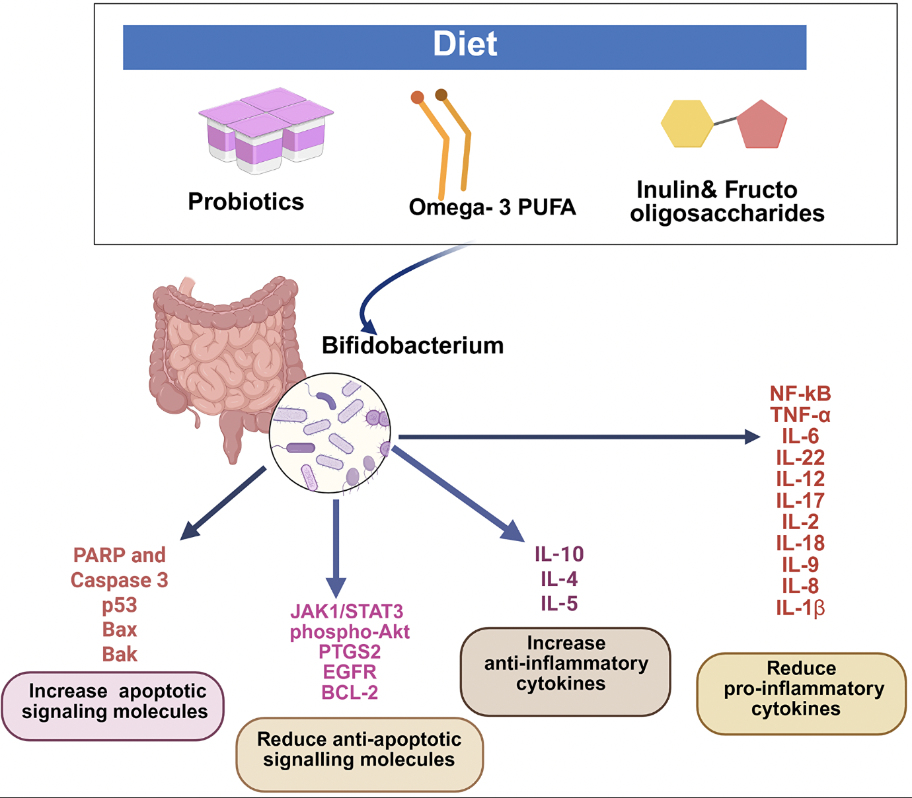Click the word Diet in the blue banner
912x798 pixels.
(x=465, y=45)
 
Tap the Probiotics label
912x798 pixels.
(x=246, y=201)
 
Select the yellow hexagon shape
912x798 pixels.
(x=687, y=124)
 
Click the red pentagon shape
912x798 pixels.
(x=762, y=126)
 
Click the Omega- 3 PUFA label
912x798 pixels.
(x=492, y=207)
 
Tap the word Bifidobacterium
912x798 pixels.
(x=412, y=345)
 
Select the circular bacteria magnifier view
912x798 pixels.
(x=330, y=433)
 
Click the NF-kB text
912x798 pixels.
(x=800, y=394)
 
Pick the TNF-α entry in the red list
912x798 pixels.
(x=800, y=416)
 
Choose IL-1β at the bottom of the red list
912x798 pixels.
(x=800, y=608)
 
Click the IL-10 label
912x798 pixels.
(x=559, y=554)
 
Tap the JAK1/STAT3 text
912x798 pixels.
(x=347, y=611)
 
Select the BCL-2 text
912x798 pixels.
(x=350, y=692)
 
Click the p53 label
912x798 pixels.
(x=120, y=605)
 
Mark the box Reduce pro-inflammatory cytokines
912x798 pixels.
(x=801, y=693)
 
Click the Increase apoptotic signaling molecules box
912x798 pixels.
(x=113, y=706)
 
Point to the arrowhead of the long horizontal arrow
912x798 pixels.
(x=752, y=437)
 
